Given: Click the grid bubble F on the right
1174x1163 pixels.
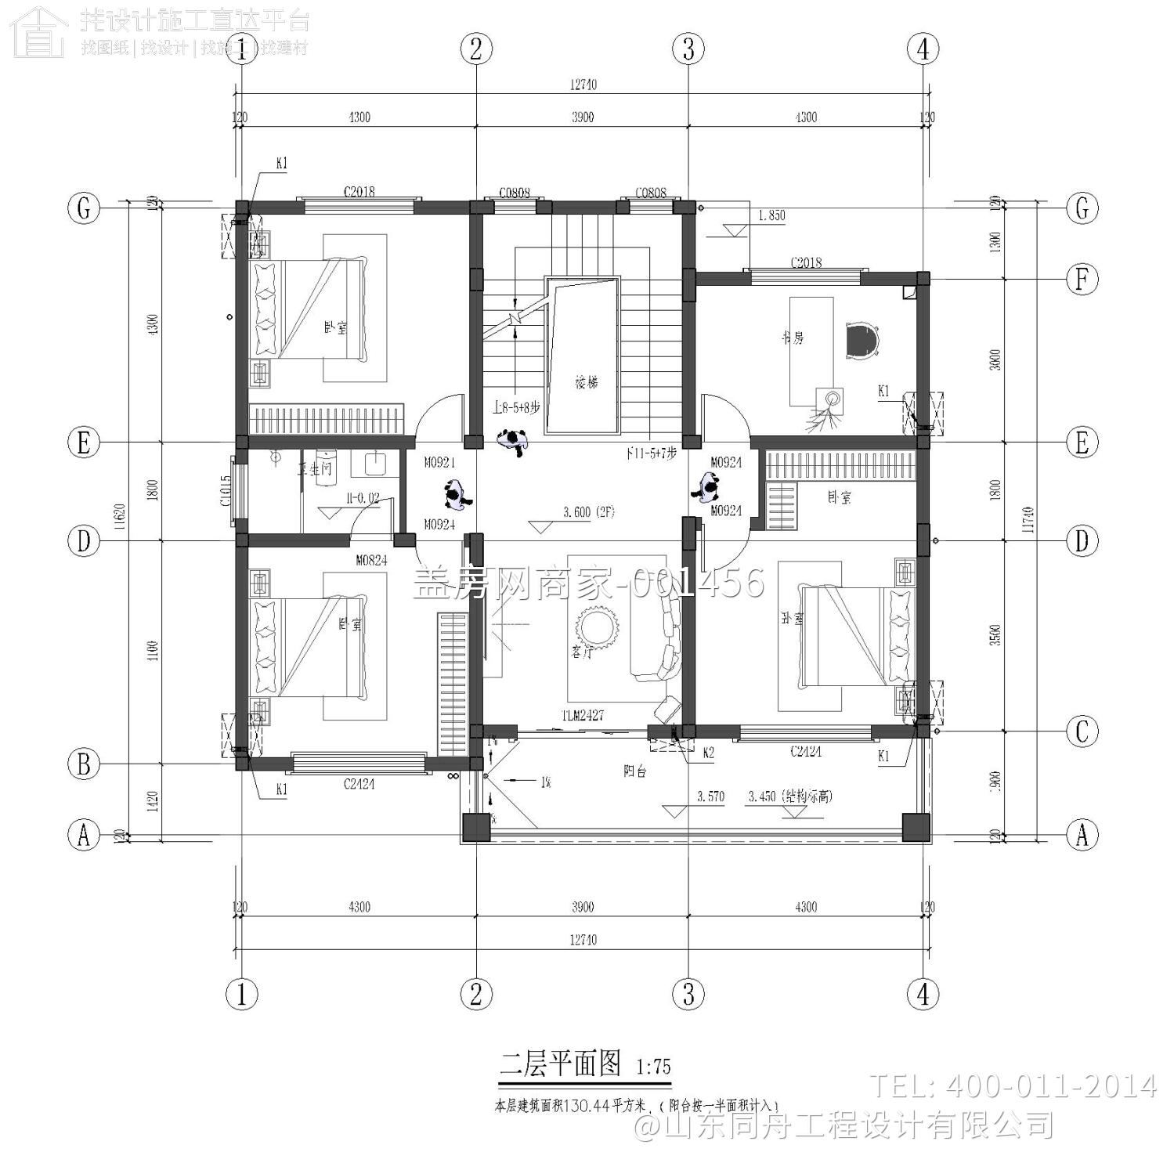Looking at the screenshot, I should pos(1082,279).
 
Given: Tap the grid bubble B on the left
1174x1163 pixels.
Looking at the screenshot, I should pos(84,764).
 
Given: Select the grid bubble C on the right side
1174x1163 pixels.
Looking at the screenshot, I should pos(1082,731).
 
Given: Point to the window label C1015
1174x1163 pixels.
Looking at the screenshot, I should pos(226,491).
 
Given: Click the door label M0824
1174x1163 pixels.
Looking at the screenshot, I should pos(371,561).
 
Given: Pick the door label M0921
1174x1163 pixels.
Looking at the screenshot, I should pos(439,463).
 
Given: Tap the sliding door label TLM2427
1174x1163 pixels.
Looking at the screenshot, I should pos(582,716).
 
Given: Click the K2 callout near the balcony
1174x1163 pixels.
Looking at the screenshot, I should pos(708,753).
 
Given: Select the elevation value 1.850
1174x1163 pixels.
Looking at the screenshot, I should pos(771,215).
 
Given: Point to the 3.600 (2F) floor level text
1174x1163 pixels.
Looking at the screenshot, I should pos(589,513).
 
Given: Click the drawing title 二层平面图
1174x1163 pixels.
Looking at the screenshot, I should pos(560,1064).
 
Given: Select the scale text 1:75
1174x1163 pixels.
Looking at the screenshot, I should pos(653,1067).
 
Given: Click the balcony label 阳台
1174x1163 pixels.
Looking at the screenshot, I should pos(634,771).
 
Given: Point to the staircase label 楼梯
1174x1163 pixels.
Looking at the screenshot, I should pos(586,383).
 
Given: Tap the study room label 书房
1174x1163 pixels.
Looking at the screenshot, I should pos(792,338).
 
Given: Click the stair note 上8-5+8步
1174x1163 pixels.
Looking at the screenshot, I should pos(516,408).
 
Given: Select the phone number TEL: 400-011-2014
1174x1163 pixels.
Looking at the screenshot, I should pos(1013,1086).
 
